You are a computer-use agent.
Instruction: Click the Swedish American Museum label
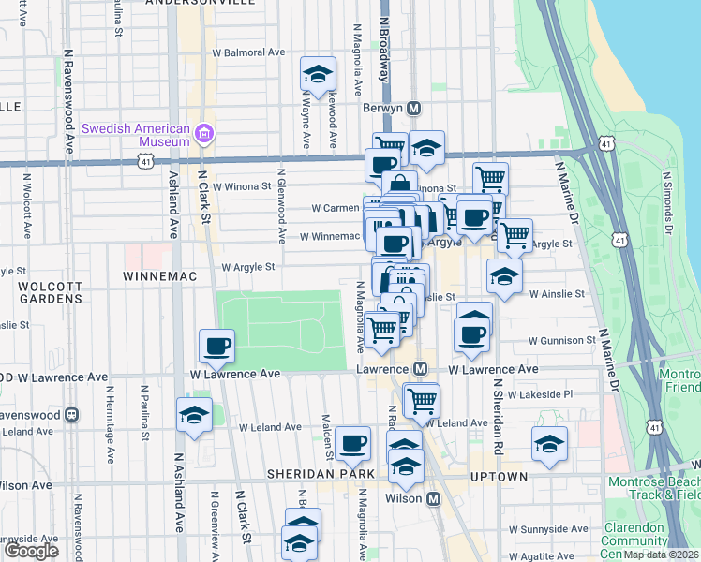tap(136, 135)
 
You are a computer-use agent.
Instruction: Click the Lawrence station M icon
tap(421, 370)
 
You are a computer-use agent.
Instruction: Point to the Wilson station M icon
tap(433, 498)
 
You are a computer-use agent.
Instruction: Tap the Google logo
tap(31, 551)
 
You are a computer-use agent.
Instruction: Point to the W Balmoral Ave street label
tap(248, 53)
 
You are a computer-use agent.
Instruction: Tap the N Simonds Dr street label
tap(667, 202)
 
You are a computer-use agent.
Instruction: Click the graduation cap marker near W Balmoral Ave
tap(318, 72)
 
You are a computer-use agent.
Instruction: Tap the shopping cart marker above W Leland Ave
tap(422, 399)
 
